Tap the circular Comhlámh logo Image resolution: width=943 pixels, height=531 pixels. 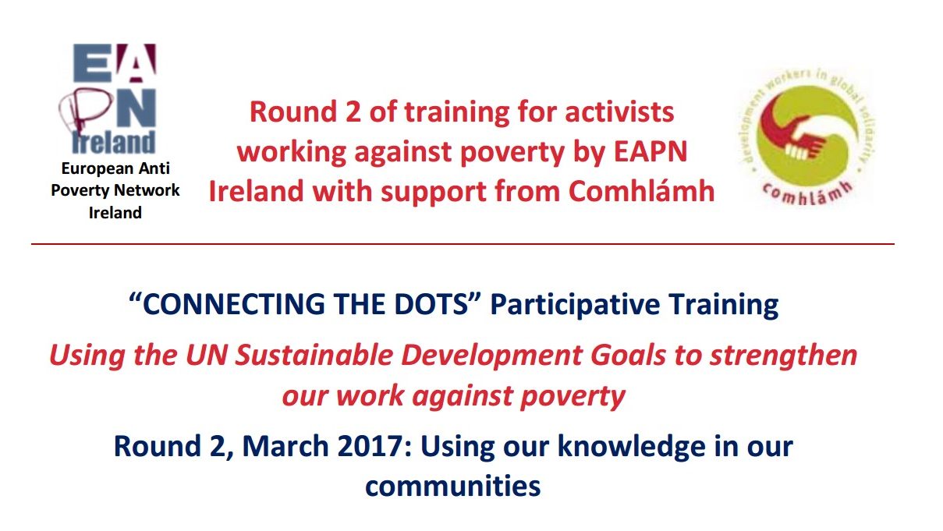pos(803,143)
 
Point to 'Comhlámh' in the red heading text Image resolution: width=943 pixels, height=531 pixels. pos(641,191)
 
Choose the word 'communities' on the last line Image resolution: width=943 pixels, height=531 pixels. pos(452,486)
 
